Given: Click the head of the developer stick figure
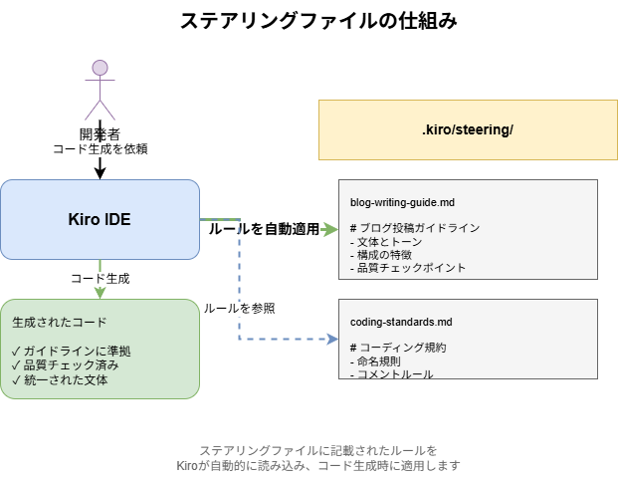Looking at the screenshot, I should coord(100,69).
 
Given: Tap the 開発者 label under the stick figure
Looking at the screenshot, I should coord(100,134).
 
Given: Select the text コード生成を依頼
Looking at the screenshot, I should coord(100,148).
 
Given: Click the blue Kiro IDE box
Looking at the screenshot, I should coord(100,219).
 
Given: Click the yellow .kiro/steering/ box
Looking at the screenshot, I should coord(467,130).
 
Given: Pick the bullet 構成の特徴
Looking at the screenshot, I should coord(384,254).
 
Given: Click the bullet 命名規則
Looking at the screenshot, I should coord(378,360).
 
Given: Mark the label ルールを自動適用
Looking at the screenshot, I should coord(264,229).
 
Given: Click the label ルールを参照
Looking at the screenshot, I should coord(239,309).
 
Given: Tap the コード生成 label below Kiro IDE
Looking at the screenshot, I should coord(100,279).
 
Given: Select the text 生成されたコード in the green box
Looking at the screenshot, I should coord(60,323).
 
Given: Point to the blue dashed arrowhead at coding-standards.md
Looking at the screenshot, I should coord(332,340).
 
